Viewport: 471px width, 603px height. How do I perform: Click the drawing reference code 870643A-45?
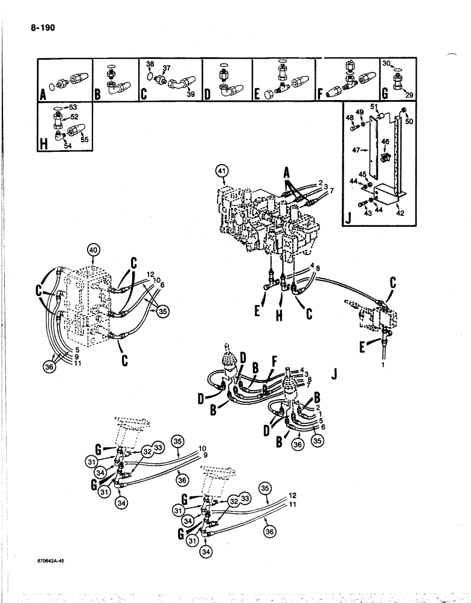point(51,560)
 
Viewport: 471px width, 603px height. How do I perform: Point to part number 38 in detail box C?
point(150,63)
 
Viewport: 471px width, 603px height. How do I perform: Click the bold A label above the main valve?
point(289,174)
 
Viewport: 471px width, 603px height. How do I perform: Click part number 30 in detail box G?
point(386,63)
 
